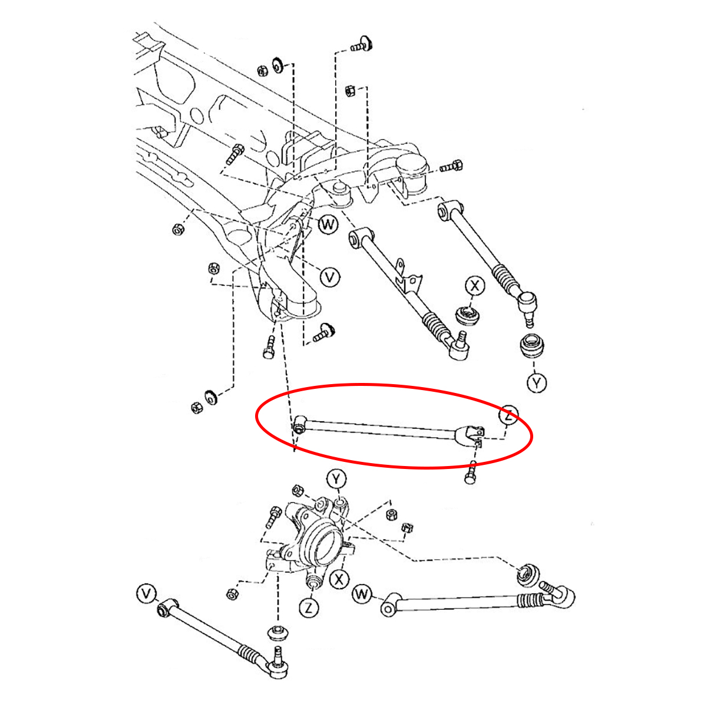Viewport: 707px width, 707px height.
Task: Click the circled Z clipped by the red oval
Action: pyautogui.click(x=508, y=414)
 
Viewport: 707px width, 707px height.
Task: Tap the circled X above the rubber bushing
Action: pyautogui.click(x=474, y=286)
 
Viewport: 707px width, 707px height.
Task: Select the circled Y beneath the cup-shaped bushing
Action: pyautogui.click(x=536, y=383)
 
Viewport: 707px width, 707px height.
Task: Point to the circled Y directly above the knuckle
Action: pyautogui.click(x=336, y=478)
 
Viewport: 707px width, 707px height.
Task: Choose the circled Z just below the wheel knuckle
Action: pyautogui.click(x=309, y=607)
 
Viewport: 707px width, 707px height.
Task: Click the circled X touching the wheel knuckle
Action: pyautogui.click(x=339, y=579)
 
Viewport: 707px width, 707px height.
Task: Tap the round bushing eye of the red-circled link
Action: pyautogui.click(x=300, y=424)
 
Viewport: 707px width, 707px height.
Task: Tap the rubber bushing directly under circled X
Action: pyautogui.click(x=468, y=315)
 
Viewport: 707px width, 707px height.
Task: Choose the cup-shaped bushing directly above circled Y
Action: pyautogui.click(x=533, y=346)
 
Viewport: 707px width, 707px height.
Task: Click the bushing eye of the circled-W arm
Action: pyautogui.click(x=388, y=607)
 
